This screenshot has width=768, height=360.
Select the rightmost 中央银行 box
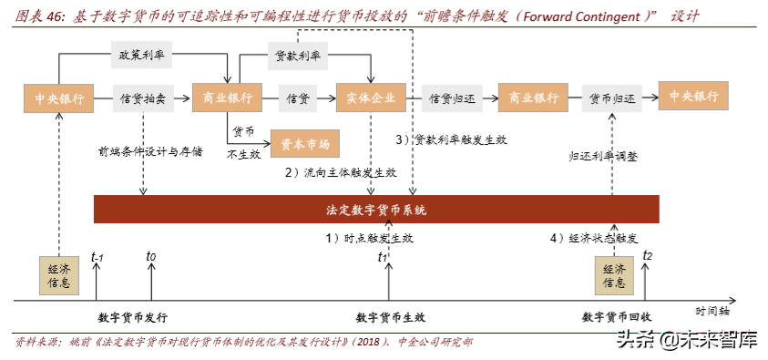click(x=694, y=98)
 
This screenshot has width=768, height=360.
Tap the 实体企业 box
click(x=370, y=98)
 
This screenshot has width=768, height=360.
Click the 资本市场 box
click(x=304, y=142)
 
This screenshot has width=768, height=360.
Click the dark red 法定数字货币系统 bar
click(x=376, y=210)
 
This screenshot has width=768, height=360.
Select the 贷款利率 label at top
click(x=298, y=56)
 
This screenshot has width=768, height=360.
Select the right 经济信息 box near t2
click(x=613, y=274)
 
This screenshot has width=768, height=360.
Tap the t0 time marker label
click(x=151, y=258)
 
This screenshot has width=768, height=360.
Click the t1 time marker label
click(x=384, y=258)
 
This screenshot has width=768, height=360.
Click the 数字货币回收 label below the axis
click(x=617, y=317)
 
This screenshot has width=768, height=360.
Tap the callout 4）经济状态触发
click(x=592, y=238)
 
